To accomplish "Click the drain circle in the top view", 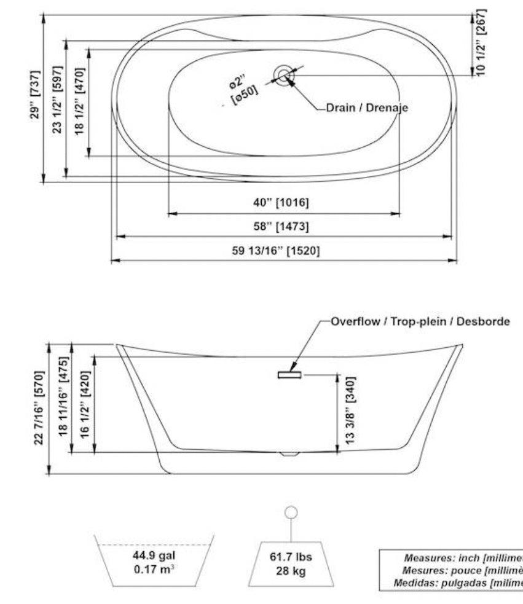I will pyautogui.click(x=284, y=75).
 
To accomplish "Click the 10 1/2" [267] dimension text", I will pyautogui.click(x=482, y=42).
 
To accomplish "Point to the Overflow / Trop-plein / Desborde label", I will pyautogui.click(x=420, y=321).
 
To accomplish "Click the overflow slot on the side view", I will pyautogui.click(x=289, y=374).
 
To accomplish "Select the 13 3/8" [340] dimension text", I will pyautogui.click(x=350, y=412).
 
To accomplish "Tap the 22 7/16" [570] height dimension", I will pyautogui.click(x=39, y=409).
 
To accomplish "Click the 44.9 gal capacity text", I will pyautogui.click(x=154, y=555).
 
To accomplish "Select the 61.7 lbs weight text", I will pyautogui.click(x=291, y=557).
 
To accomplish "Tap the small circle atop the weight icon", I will pyautogui.click(x=291, y=512).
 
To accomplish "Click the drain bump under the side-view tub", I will pyautogui.click(x=288, y=454).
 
